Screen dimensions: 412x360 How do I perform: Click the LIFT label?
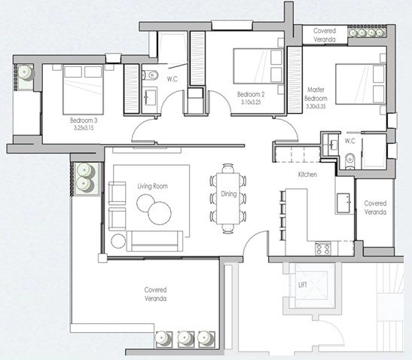303,285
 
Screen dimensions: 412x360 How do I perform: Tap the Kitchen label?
307,174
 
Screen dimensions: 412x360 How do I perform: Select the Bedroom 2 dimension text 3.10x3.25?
251,102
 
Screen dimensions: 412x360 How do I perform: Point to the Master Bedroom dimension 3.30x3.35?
316,106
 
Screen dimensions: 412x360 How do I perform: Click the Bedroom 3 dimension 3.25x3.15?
84,128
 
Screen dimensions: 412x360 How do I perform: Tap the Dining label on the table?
229,194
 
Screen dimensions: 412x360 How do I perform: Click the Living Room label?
153,186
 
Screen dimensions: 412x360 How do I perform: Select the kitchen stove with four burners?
323,249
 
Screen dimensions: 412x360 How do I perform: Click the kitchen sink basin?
343,203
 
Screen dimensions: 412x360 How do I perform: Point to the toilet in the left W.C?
151,75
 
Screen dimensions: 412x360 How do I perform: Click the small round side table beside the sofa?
118,241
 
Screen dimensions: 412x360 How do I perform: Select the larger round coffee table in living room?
160,213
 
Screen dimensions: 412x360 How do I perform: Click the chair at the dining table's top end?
227,169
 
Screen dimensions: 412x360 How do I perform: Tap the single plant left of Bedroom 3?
25,73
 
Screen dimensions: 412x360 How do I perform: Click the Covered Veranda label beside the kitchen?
375,208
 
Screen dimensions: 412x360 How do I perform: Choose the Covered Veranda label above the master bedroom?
325,35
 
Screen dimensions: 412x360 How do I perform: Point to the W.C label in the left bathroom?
172,78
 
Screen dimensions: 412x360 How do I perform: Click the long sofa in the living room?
154,241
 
